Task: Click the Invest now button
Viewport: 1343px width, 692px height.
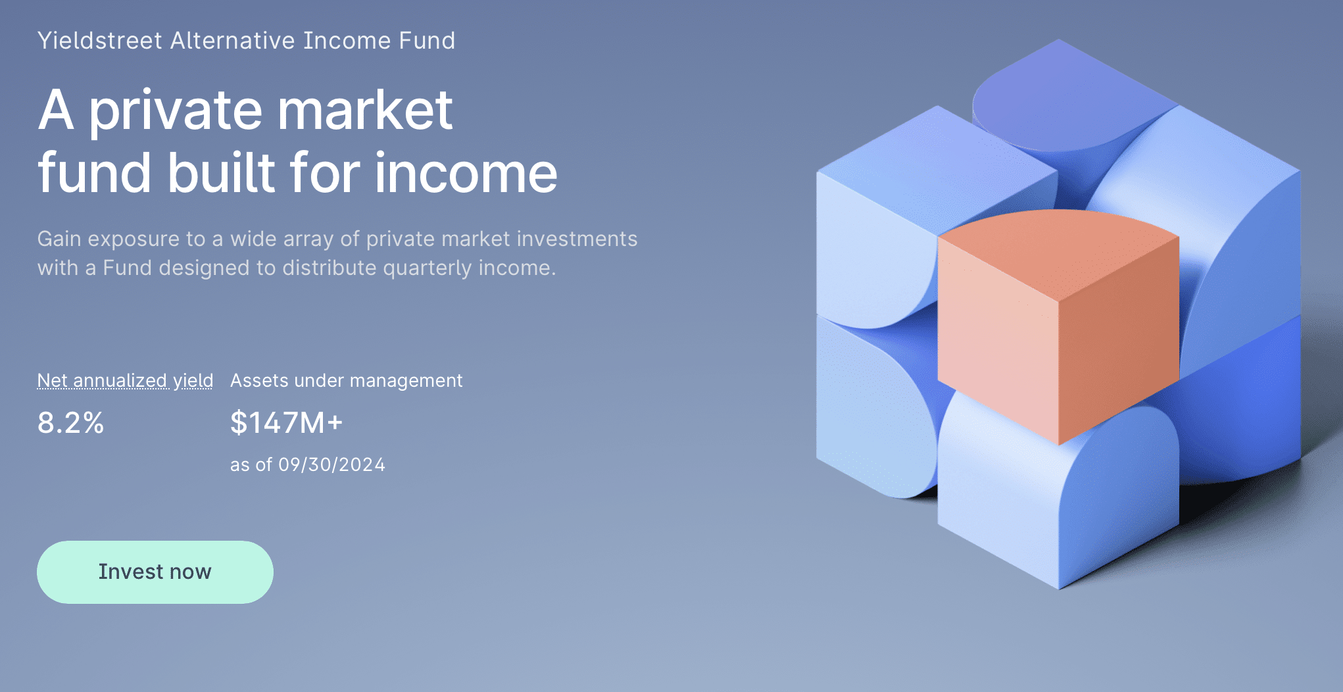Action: point(155,572)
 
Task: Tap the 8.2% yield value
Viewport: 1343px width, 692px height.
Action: point(70,422)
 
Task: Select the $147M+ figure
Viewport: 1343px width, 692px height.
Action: point(286,422)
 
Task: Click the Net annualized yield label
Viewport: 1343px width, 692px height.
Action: point(125,380)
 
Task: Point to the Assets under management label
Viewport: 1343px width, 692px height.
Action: point(346,380)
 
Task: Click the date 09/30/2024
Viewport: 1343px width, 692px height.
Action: point(331,464)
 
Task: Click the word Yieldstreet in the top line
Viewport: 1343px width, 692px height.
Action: point(99,41)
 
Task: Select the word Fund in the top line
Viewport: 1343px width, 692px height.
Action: point(427,41)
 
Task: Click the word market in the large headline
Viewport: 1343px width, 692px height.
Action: point(365,111)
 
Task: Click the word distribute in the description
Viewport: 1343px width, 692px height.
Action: point(328,268)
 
